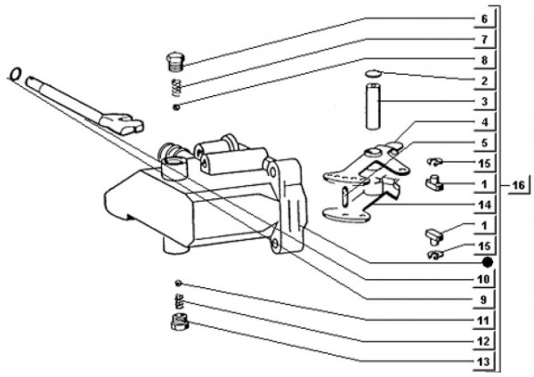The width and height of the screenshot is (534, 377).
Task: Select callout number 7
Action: coord(484,40)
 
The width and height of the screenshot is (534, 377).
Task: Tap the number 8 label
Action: coord(484,60)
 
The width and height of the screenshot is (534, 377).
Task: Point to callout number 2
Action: coord(484,81)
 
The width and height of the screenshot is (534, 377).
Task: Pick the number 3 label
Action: coord(484,101)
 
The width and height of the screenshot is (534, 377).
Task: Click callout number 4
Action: coord(484,122)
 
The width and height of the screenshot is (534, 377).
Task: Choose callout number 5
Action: coord(484,142)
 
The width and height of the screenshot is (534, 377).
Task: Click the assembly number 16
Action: coord(519,185)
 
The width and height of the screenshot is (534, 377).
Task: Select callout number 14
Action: coord(484,204)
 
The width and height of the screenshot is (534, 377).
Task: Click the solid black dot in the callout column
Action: coord(486,262)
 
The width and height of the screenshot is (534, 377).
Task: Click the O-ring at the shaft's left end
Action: coord(15,72)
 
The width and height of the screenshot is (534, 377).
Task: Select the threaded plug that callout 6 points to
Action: coord(175,62)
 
